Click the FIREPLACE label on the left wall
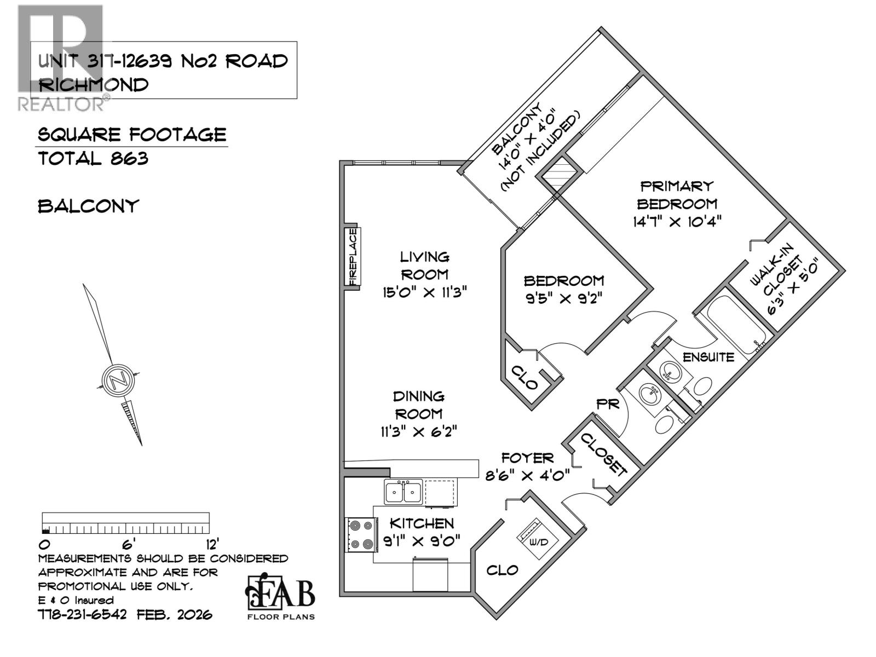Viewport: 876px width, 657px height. [x=353, y=256]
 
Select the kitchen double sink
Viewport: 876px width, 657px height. [x=403, y=492]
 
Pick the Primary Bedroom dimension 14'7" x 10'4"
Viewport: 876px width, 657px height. [x=677, y=222]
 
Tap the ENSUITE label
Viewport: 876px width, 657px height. [x=708, y=357]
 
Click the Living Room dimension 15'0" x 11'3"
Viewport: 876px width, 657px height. [x=424, y=292]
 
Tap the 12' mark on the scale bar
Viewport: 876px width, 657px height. [x=210, y=544]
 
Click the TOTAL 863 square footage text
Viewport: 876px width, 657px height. [x=93, y=159]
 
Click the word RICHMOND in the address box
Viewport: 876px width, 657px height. [x=94, y=85]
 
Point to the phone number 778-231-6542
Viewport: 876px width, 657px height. [x=82, y=614]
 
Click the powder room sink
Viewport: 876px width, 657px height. [x=650, y=392]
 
